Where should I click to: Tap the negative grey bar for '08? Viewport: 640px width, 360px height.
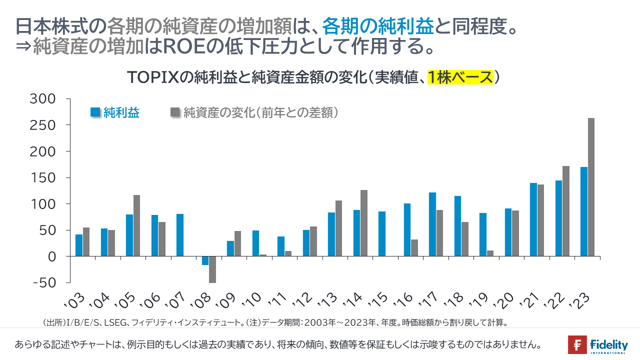point(212,269)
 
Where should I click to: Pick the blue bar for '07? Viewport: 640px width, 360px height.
point(180,235)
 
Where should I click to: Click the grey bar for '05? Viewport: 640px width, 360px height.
point(136,225)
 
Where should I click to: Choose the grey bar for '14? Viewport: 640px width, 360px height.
point(364,223)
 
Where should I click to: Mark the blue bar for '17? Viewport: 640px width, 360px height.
point(432,224)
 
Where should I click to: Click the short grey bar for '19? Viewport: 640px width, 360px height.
point(490,253)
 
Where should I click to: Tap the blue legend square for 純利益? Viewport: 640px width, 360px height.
point(95,112)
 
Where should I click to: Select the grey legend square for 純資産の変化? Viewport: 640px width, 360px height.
point(175,112)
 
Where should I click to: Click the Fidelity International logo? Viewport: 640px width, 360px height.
point(597,345)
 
